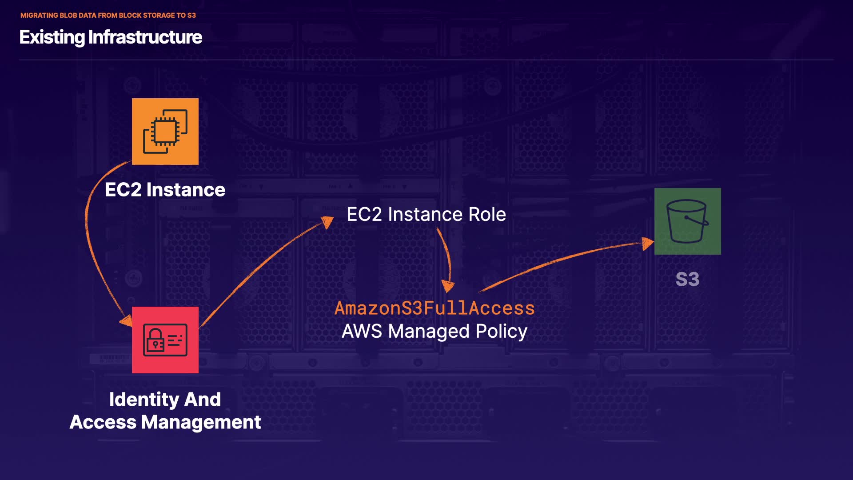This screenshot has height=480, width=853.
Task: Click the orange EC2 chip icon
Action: [165, 132]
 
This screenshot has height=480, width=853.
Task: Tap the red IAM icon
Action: [165, 340]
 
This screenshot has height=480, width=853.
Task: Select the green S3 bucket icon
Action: [687, 221]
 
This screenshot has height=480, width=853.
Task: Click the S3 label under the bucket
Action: [687, 280]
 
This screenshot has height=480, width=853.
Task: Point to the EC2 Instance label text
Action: [165, 190]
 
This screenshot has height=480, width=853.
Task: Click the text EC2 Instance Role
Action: [426, 215]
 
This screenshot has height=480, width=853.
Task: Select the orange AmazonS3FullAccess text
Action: [434, 308]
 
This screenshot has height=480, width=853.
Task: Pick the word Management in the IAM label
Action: [201, 422]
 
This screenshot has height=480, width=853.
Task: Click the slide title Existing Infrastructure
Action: [111, 37]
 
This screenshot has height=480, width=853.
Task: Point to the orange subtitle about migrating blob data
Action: [108, 15]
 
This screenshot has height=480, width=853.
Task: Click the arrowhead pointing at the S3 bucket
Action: [648, 243]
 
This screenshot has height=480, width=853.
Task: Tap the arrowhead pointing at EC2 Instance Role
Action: [328, 221]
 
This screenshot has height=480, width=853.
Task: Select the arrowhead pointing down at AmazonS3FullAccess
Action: [448, 286]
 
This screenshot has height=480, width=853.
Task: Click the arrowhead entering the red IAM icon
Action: [127, 321]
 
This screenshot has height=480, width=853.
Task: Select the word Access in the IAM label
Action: [103, 422]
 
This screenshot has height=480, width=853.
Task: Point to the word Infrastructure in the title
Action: [145, 37]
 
